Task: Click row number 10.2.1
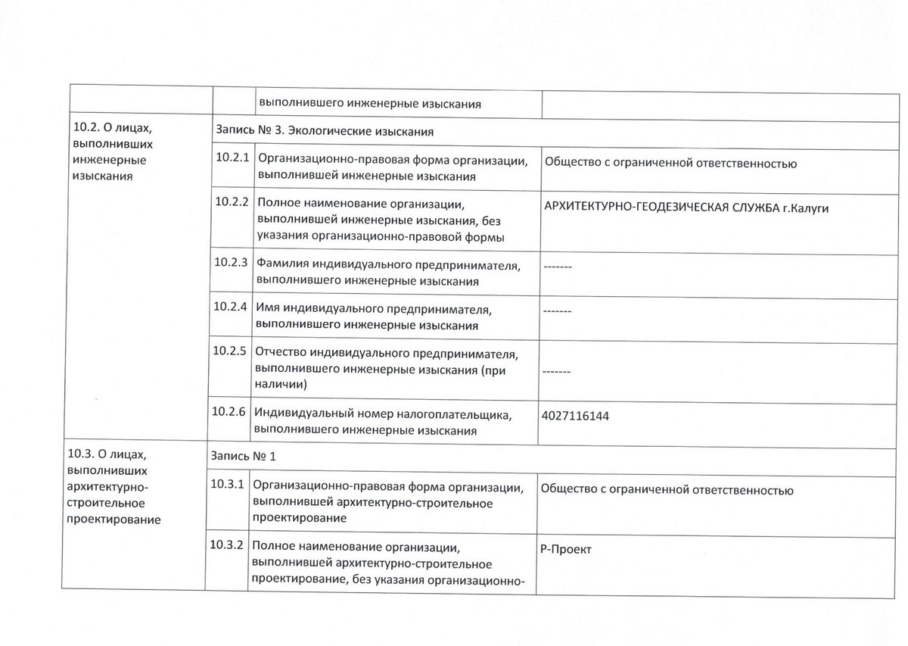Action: [x=232, y=158]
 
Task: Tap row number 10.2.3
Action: [x=232, y=264]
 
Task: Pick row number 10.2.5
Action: [x=232, y=351]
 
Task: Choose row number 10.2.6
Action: [x=232, y=413]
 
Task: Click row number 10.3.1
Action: [x=229, y=484]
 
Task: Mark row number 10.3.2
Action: [x=229, y=545]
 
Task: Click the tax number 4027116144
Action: [x=575, y=416]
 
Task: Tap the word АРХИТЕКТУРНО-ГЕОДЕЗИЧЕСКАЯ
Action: [x=635, y=208]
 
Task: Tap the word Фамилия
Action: [x=281, y=264]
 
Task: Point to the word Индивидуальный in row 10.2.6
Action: [x=300, y=414]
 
